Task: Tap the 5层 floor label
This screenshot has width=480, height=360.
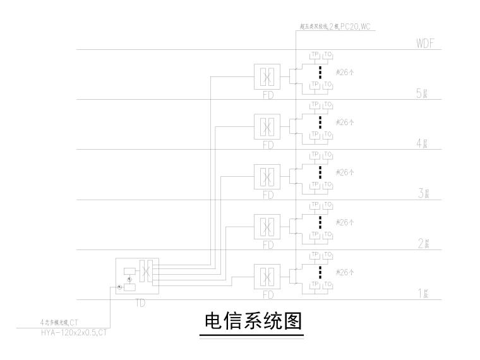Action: click(x=423, y=94)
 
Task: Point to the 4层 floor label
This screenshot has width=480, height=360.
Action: click(x=423, y=144)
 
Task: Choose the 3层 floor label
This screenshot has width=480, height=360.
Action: click(x=423, y=194)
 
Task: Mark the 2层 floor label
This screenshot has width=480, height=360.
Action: click(x=423, y=244)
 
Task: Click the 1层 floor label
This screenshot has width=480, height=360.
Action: click(x=423, y=294)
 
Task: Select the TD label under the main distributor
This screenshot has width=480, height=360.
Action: click(x=140, y=303)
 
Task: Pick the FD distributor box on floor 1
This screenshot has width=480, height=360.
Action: click(x=268, y=277)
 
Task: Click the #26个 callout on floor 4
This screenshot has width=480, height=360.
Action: click(x=345, y=122)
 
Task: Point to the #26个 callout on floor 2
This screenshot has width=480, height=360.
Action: click(x=345, y=222)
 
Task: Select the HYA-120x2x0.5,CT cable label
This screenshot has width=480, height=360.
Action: click(x=69, y=331)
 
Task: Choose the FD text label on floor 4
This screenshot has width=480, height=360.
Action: click(x=268, y=145)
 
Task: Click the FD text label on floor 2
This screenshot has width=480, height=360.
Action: click(x=268, y=245)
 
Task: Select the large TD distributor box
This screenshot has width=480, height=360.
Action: click(x=137, y=276)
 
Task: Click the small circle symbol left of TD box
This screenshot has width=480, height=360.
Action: click(x=119, y=288)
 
